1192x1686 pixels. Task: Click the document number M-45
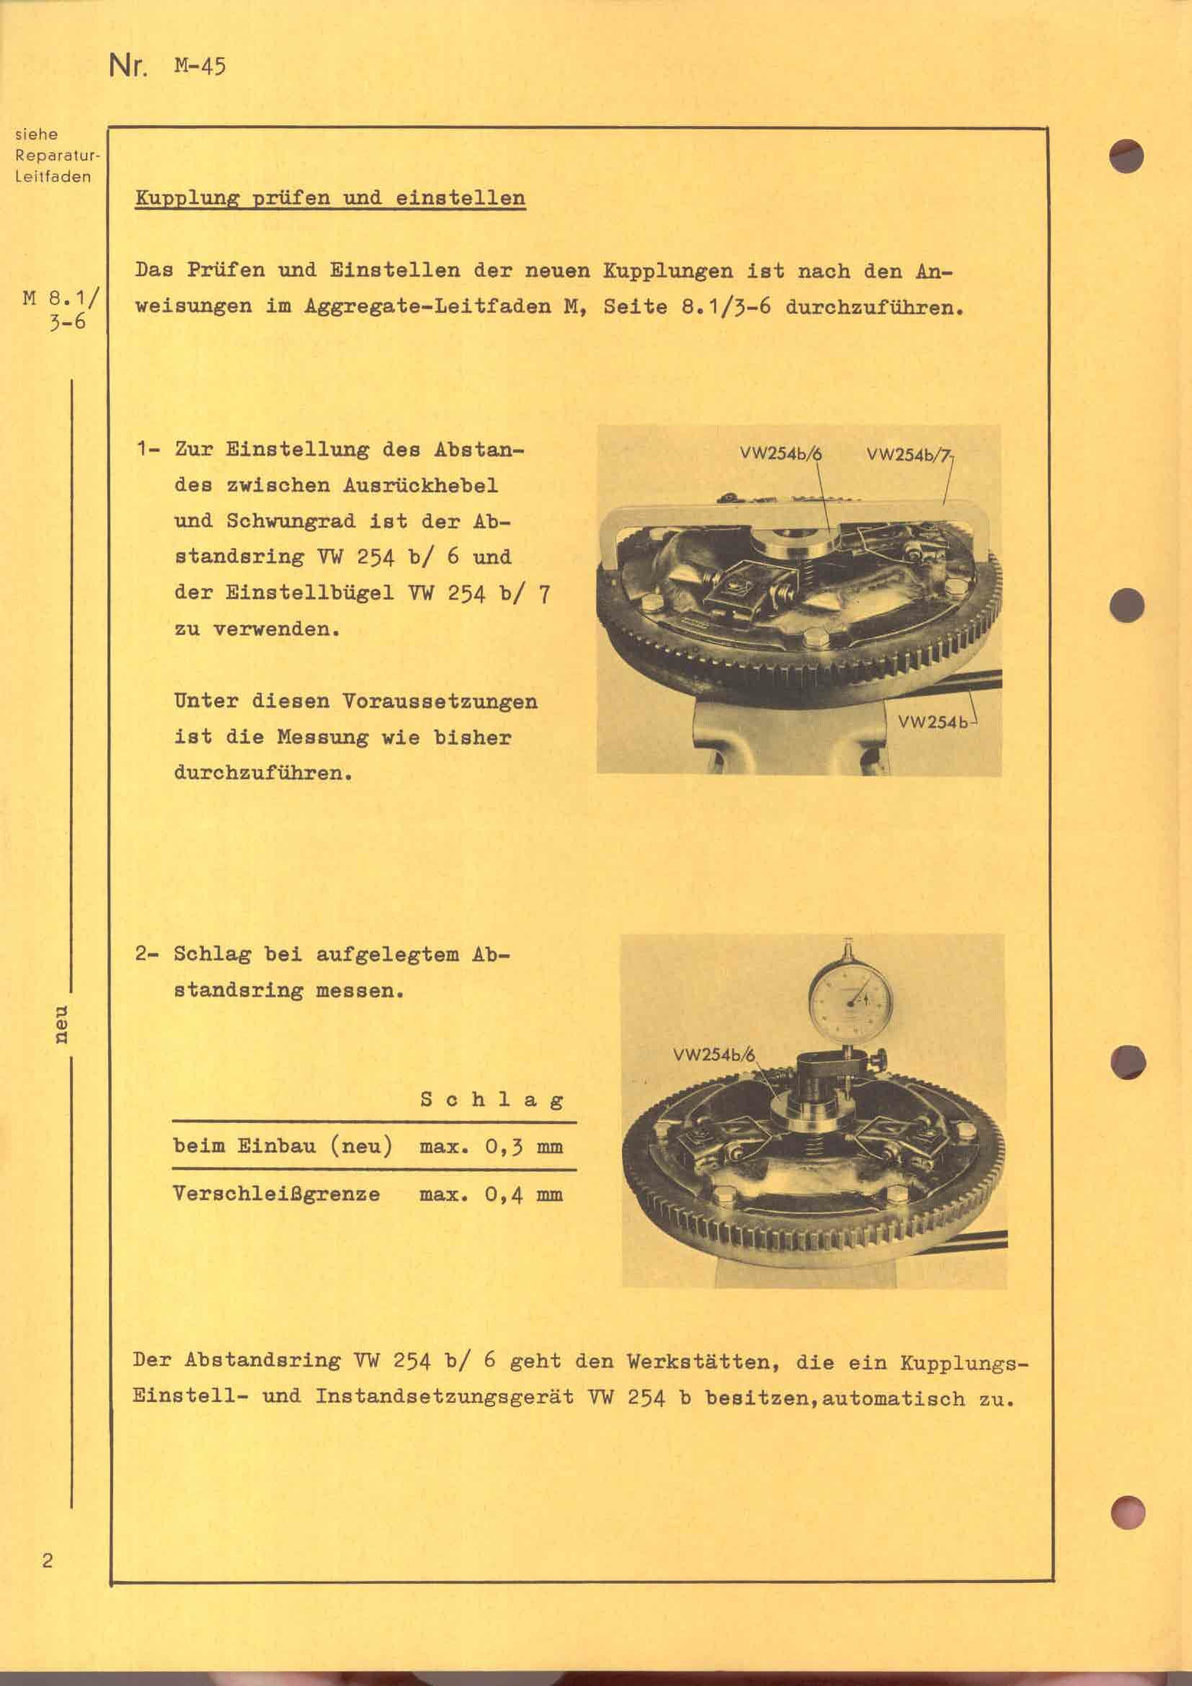[200, 67]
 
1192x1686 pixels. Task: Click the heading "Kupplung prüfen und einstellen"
[329, 198]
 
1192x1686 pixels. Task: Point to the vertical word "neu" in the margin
[62, 1024]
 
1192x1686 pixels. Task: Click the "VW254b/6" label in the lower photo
[713, 1056]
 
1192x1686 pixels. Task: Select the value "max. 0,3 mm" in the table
[491, 1146]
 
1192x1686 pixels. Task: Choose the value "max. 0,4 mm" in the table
[491, 1194]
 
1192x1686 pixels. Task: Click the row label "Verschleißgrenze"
[277, 1194]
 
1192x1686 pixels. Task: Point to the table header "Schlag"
[491, 1099]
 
